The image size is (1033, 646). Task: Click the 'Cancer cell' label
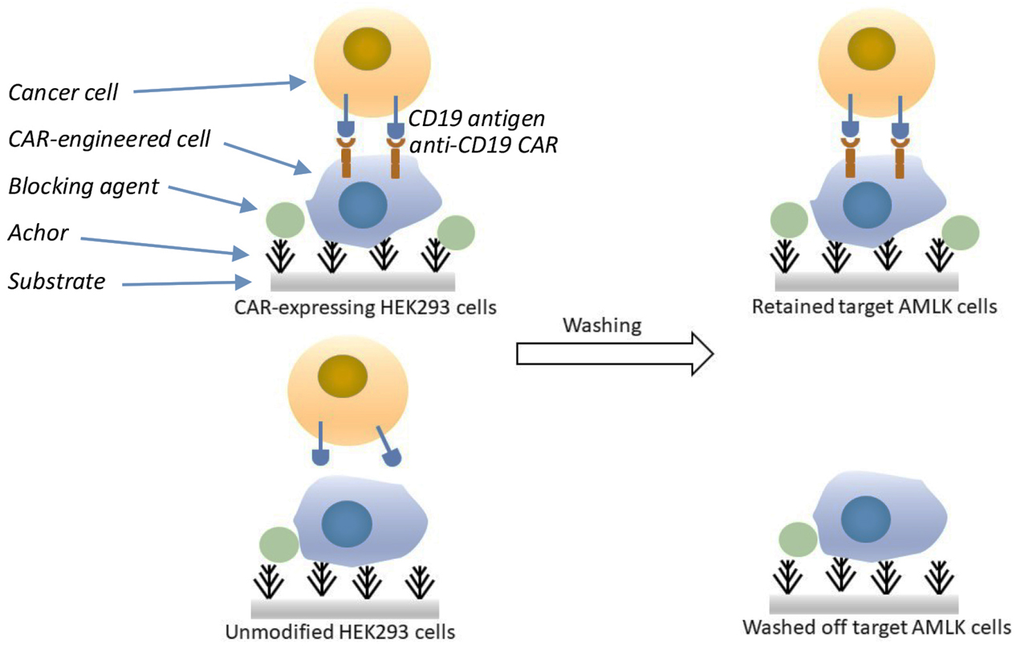pos(63,92)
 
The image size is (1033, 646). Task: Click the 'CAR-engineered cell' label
pos(109,140)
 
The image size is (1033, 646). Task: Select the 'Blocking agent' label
pos(83,187)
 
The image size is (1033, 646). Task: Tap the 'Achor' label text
pos(39,234)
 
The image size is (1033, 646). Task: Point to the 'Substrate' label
pos(56,281)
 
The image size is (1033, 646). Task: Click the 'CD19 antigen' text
pos(476,120)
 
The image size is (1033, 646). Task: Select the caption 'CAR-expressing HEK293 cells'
pos(361,307)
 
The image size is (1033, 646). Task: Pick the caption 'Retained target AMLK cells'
pos(874,307)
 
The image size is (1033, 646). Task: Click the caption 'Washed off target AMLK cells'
pos(876,627)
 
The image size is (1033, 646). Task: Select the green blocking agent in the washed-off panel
pos(799,541)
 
